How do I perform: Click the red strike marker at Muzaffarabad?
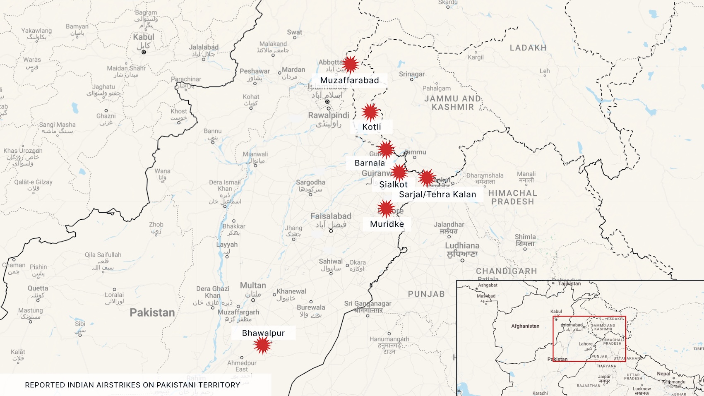350,64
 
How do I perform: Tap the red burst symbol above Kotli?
370,112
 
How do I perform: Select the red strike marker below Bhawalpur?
262,345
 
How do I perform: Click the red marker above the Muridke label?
386,209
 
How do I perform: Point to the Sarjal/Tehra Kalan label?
437,194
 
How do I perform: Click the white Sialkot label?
393,185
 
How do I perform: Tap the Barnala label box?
369,163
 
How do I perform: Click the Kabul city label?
144,37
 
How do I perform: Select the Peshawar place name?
255,71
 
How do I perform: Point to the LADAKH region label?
528,48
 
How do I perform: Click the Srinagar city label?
412,74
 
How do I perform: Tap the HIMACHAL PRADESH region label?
512,197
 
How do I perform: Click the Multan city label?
253,286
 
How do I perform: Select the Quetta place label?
38,288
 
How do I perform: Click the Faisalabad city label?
331,216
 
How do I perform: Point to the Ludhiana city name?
462,246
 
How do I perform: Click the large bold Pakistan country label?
152,312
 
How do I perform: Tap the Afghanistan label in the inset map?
525,326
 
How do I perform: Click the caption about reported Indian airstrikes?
132,385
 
